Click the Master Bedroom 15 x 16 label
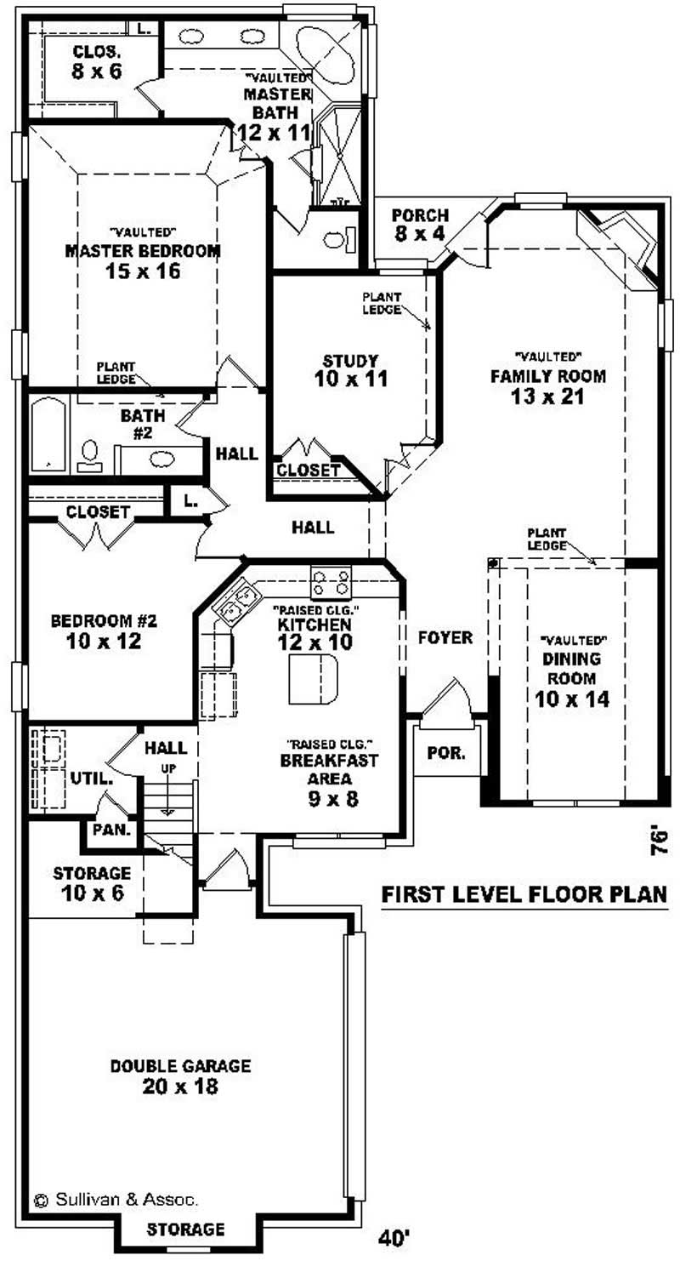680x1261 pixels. click(143, 261)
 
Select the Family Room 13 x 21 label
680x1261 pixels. click(547, 385)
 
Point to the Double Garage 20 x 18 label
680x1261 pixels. click(180, 1076)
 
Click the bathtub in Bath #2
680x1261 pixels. click(48, 435)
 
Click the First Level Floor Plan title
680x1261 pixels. click(523, 894)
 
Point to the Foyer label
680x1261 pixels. click(444, 637)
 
